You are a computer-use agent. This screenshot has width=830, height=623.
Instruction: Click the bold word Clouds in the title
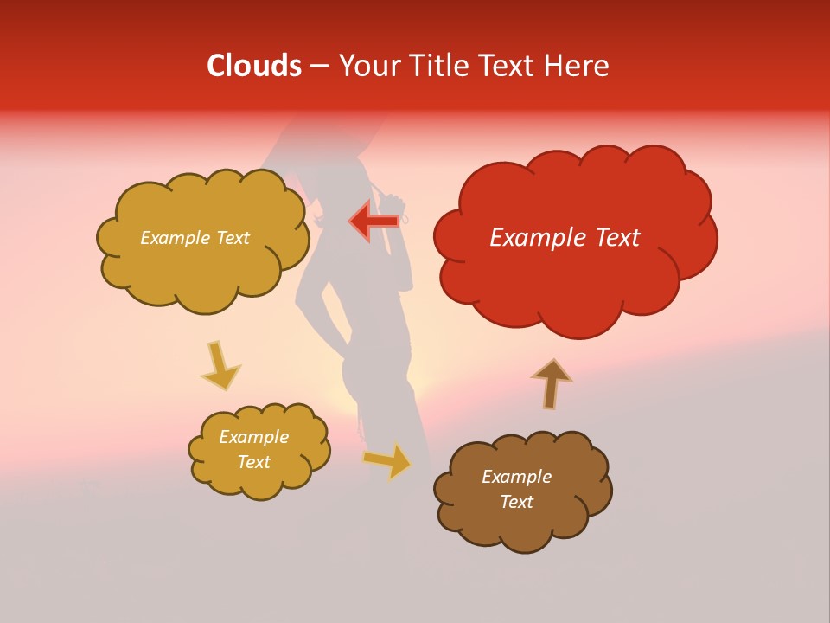254,66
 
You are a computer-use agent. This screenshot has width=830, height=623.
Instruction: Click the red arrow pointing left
374,221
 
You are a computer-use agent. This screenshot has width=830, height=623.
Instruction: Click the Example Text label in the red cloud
565,238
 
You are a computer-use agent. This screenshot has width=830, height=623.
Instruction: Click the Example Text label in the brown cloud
516,489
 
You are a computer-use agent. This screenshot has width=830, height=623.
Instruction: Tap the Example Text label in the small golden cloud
253,449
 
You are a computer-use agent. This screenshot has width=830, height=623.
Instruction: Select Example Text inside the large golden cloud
195,238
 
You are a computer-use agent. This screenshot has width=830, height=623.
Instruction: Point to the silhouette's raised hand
394,203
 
